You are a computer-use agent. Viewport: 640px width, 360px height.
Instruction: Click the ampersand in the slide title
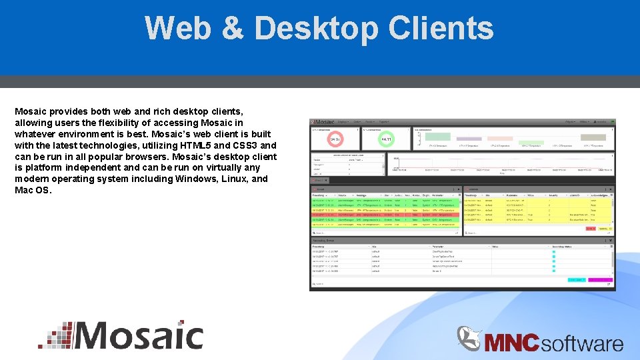click(237, 28)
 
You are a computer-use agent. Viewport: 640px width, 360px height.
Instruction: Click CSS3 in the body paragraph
click(244, 145)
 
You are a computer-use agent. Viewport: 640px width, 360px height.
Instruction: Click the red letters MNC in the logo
click(511, 343)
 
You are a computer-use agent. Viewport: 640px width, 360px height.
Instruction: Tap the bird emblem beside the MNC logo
click(469, 338)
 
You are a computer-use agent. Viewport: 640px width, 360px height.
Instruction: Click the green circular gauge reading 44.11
click(385, 140)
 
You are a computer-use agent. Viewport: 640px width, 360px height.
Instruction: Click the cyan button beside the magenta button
click(577, 280)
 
